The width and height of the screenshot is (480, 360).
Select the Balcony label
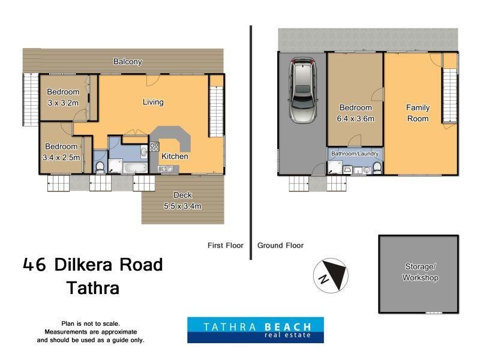coord(127,61)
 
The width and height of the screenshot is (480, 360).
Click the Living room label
coord(153,102)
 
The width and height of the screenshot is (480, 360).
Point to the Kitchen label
coord(175,156)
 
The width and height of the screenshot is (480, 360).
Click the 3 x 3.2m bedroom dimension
coord(63,103)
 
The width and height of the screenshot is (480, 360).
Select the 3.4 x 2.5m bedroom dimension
coord(61,157)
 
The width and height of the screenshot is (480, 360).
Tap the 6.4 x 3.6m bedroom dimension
coord(356,118)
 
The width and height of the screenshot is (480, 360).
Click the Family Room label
coord(418,113)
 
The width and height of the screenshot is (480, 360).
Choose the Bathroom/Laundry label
coord(355,154)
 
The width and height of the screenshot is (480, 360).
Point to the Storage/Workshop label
coord(420,272)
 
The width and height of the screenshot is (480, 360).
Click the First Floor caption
coord(225,245)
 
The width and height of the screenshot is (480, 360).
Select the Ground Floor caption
coord(280,245)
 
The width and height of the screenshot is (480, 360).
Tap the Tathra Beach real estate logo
coord(255,330)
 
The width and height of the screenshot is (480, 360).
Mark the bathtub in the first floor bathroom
coord(131,166)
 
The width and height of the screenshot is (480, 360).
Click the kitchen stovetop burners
coord(154,147)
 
